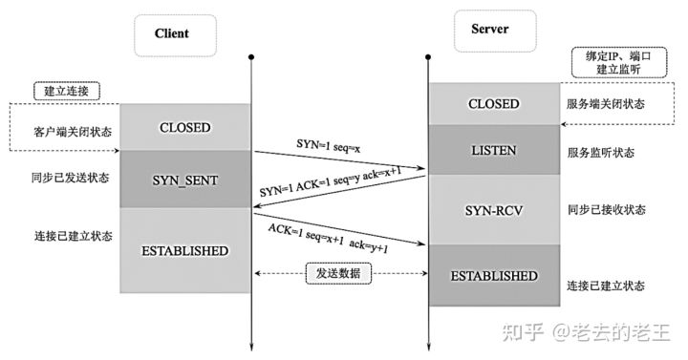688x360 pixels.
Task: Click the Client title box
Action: coord(171,33)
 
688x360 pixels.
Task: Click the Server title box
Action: coord(489,30)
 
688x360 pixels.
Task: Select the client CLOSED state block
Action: coord(184,127)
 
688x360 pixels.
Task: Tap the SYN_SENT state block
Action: coord(184,180)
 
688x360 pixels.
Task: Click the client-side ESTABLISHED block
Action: coord(184,251)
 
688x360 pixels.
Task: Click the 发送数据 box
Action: coord(339,272)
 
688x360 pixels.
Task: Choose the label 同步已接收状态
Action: coord(608,210)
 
